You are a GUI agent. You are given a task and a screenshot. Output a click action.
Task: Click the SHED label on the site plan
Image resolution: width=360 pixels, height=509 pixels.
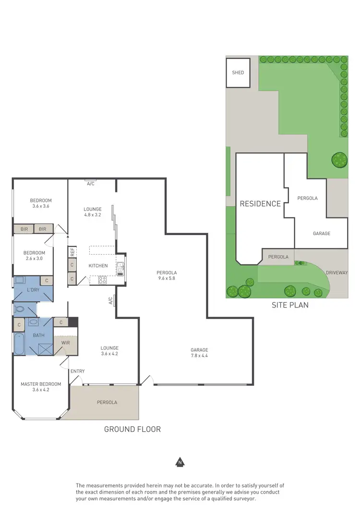coord(238,73)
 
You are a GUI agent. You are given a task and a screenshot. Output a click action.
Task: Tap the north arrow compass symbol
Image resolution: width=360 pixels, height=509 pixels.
coord(180,462)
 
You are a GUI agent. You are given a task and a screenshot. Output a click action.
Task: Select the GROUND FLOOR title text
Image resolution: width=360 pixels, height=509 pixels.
coord(132,429)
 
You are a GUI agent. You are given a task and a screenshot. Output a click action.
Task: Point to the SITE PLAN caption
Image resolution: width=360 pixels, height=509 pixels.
coord(290,305)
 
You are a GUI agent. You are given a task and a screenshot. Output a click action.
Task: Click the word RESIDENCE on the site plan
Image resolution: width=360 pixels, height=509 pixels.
coord(260,203)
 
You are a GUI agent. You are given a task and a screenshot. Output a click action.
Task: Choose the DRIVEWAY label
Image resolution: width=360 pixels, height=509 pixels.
coord(336,272)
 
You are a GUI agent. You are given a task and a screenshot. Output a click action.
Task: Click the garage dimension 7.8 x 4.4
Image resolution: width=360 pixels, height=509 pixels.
coord(199,356)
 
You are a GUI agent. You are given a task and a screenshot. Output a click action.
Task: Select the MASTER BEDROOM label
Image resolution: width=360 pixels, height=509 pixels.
coord(41,384)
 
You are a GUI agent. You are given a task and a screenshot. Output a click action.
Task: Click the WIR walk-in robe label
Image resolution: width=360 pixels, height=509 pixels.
coord(65,343)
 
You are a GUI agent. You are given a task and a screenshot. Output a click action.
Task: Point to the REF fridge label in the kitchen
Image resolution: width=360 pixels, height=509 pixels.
coord(72,251)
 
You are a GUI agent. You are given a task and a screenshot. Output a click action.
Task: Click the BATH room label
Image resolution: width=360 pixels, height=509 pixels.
coord(38,335)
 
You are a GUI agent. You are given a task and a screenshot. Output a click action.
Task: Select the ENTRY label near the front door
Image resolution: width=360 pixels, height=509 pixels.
coord(77,371)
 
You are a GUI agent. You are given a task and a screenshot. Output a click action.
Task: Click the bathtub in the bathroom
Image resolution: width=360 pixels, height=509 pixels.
coord(19,343)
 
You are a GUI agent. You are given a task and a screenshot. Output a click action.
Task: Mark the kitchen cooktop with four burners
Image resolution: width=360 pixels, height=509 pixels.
coord(102,280)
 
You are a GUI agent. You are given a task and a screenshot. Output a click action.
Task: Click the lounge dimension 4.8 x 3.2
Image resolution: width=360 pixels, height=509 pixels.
coord(93,215)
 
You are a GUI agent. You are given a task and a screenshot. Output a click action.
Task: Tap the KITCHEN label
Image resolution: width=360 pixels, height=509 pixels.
coord(98,266)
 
